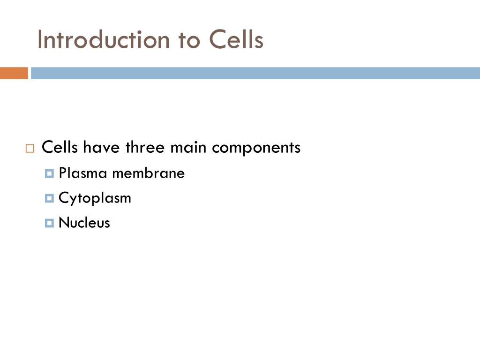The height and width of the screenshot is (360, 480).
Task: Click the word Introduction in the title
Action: coord(104,39)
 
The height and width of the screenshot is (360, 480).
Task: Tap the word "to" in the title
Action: coord(189,41)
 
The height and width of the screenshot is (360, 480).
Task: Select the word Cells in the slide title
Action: coord(236,39)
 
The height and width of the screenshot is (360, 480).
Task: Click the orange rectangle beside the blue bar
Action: coord(14,73)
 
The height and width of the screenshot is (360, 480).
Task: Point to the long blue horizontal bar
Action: coord(255,73)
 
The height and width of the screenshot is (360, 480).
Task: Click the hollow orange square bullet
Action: coord(30,149)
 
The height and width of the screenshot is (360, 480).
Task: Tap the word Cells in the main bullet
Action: coord(60,147)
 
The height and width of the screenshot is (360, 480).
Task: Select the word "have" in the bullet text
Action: coord(101,147)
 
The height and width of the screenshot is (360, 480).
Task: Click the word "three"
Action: coord(145,147)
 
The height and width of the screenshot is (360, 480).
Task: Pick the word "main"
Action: coord(188,147)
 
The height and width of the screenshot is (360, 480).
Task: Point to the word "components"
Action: coord(256,148)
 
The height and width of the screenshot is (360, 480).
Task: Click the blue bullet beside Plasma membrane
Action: coord(49,173)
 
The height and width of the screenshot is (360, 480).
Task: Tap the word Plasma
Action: coord(82,173)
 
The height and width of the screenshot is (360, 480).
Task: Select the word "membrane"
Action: coord(149,173)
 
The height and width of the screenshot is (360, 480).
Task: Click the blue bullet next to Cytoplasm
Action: coord(49,198)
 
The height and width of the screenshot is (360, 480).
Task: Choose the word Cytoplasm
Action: coord(95,198)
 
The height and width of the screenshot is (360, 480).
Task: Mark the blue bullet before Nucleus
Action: coord(49,223)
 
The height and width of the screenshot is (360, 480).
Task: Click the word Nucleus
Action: coord(84,222)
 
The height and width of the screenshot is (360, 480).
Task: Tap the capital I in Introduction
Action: coord(40,39)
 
